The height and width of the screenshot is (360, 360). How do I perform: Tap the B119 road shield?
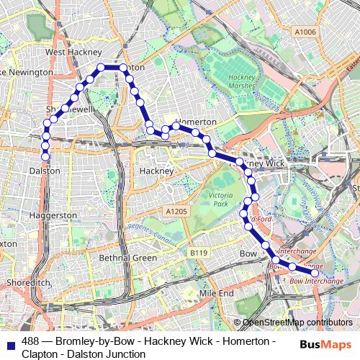199,253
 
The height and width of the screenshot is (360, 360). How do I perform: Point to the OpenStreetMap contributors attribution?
297,323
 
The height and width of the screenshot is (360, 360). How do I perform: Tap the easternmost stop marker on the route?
314,273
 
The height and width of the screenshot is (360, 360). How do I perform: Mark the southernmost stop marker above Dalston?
45,156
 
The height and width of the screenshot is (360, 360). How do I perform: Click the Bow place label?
248,254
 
